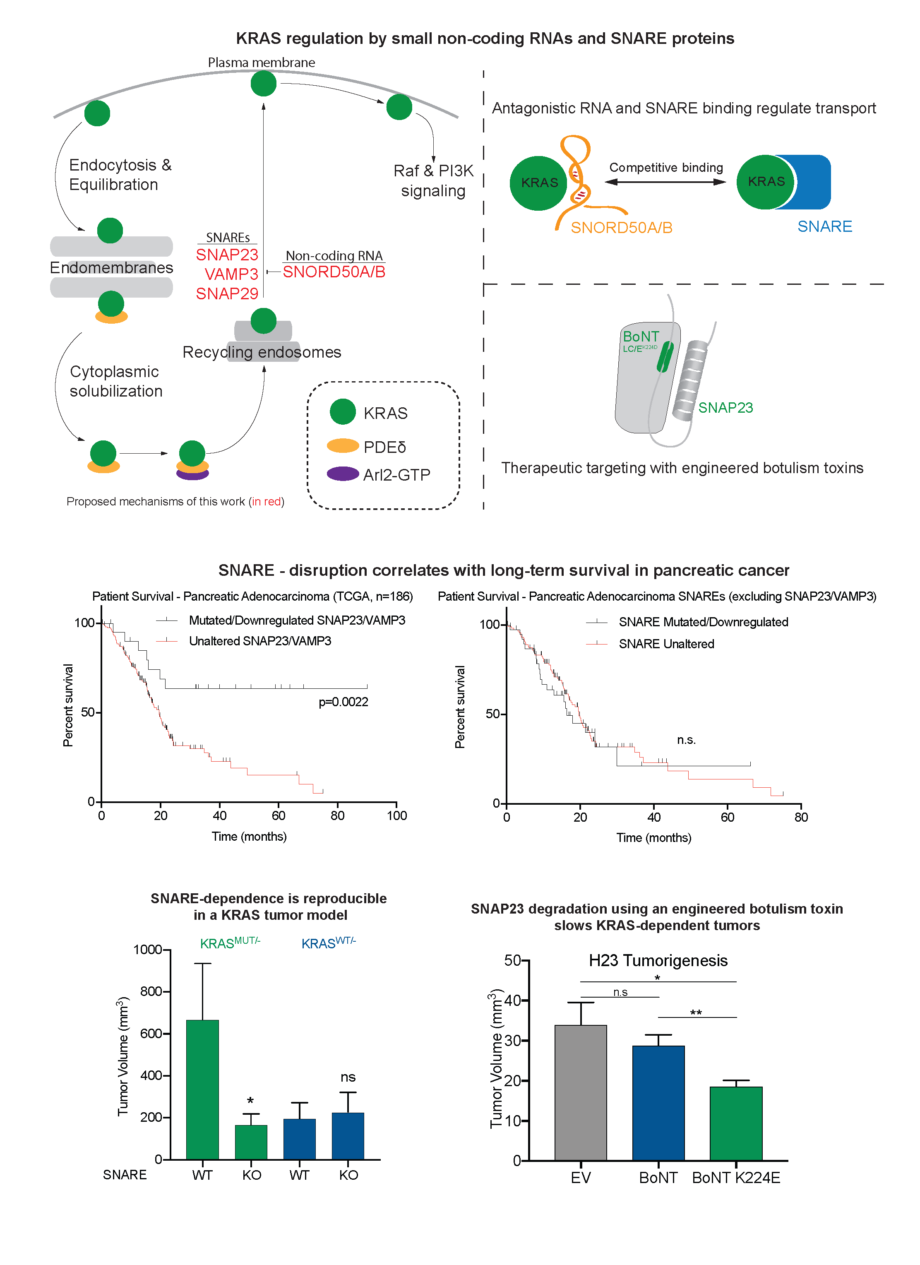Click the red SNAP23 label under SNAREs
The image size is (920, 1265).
227,255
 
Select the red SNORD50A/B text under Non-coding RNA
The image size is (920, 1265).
334,272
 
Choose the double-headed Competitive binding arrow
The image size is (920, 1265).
665,182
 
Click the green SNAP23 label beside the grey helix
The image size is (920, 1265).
725,408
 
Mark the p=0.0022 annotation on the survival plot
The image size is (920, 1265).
343,702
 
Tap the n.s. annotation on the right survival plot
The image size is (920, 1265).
686,740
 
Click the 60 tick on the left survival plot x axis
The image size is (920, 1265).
278,815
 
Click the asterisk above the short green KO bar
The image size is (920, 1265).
250,1101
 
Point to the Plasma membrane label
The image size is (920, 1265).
262,63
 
